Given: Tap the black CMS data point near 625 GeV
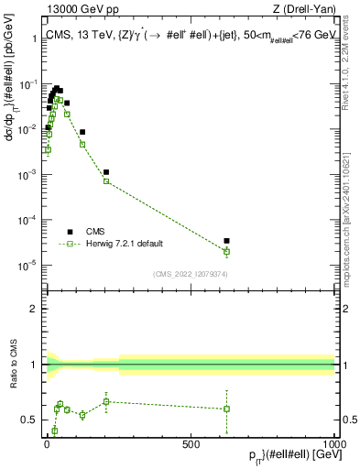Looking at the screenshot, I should pyautogui.click(x=226, y=241).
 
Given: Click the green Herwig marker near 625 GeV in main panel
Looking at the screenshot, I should pyautogui.click(x=226, y=251).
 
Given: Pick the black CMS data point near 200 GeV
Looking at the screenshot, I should pyautogui.click(x=106, y=172).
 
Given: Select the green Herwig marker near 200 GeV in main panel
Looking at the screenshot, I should pyautogui.click(x=106, y=181).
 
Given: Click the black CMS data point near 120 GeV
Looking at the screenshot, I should pyautogui.click(x=82, y=132).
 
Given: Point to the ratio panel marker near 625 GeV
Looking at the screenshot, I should pyautogui.click(x=226, y=409).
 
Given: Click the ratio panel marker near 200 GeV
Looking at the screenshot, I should pyautogui.click(x=106, y=401).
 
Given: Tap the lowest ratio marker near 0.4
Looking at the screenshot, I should pyautogui.click(x=54, y=431).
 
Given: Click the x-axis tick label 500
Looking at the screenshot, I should pyautogui.click(x=191, y=443).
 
